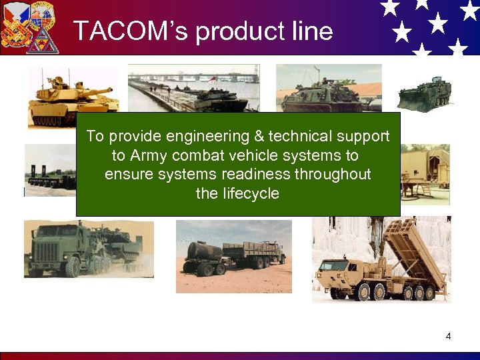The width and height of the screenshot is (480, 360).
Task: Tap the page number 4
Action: point(448,336)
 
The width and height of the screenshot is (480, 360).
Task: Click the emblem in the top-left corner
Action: point(30,27)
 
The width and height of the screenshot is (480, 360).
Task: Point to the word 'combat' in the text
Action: point(195,156)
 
